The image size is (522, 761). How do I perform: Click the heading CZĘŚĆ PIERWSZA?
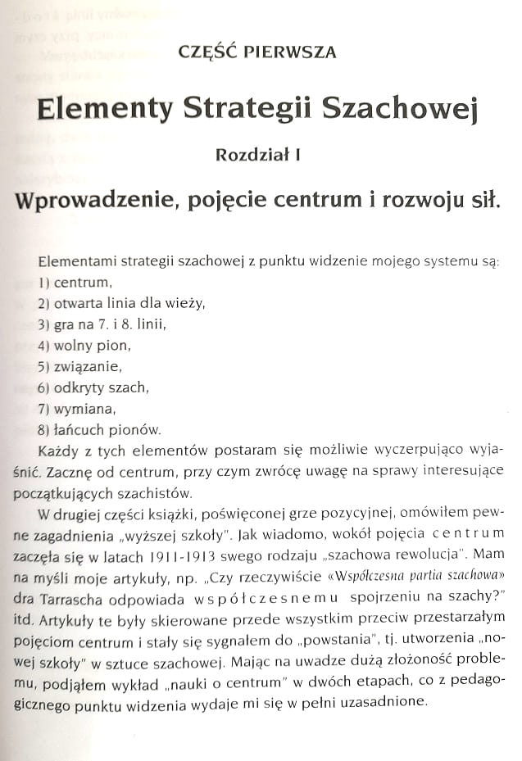pos(257,52)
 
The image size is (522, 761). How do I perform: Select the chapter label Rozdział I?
pos(257,154)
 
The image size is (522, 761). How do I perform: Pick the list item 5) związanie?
pos(79,366)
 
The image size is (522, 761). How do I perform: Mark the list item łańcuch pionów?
pos(99,429)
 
